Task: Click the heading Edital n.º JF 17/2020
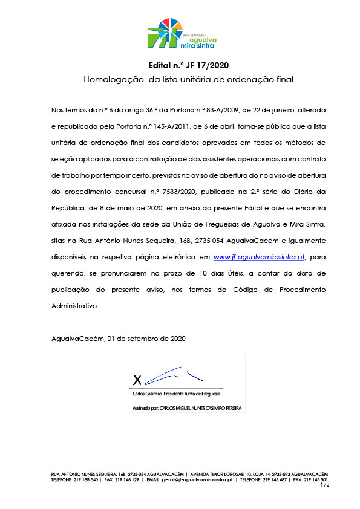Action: point(188,65)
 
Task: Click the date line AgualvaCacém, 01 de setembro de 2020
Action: point(119,339)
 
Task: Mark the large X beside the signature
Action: point(137,380)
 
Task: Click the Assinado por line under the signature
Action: point(187,409)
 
